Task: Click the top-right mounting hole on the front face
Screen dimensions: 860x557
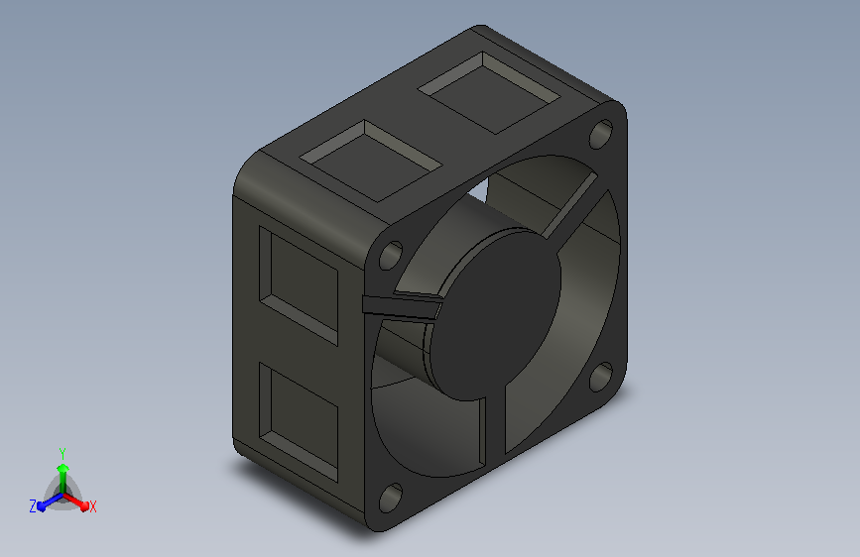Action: [601, 134]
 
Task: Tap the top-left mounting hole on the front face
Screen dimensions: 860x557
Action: [391, 255]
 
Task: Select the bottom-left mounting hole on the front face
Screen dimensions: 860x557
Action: [391, 498]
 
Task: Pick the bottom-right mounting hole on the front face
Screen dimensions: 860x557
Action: [601, 377]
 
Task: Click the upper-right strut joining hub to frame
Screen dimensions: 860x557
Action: [570, 206]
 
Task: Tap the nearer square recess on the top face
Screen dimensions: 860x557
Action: [371, 161]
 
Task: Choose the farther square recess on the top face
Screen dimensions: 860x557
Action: [489, 92]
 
